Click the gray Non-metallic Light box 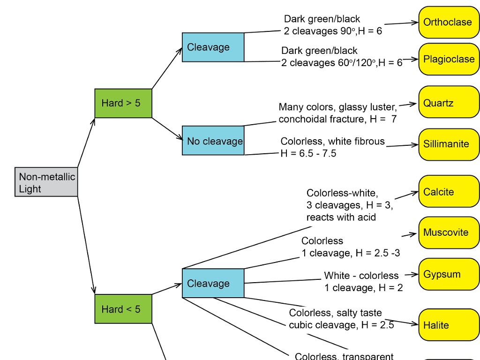coord(46,182)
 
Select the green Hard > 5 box coord(123,103)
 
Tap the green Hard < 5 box coord(123,309)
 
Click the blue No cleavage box coord(213,141)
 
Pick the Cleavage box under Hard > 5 coord(213,47)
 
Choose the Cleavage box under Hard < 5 coord(213,283)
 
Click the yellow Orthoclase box coord(449,22)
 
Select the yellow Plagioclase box coord(449,59)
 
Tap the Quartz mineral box coord(449,102)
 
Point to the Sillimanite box coord(449,144)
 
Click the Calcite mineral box coord(449,191)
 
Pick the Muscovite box coord(449,232)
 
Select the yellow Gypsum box coord(449,274)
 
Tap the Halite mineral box coord(449,325)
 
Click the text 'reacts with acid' coord(341,217)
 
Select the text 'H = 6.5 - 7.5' coord(308,153)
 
